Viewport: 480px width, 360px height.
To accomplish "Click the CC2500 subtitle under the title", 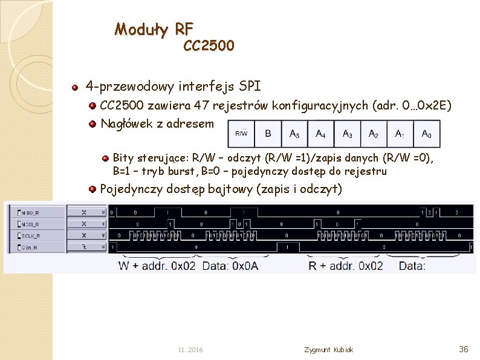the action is coord(209,45).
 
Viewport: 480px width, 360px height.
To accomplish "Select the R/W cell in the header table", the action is coord(241,134).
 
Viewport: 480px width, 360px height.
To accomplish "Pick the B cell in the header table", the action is coord(268,134).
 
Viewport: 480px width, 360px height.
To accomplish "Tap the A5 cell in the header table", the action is coord(294,134).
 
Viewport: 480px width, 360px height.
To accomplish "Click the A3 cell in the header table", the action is coord(348,134).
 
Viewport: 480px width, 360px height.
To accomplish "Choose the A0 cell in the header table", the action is coord(426,134).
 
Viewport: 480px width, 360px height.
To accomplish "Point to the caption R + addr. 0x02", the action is coord(346,265).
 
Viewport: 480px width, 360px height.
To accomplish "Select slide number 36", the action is coord(464,349).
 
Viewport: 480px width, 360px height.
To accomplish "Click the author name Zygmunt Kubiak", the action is coord(329,350).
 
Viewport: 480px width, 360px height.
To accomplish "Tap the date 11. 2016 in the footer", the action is coord(191,350).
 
